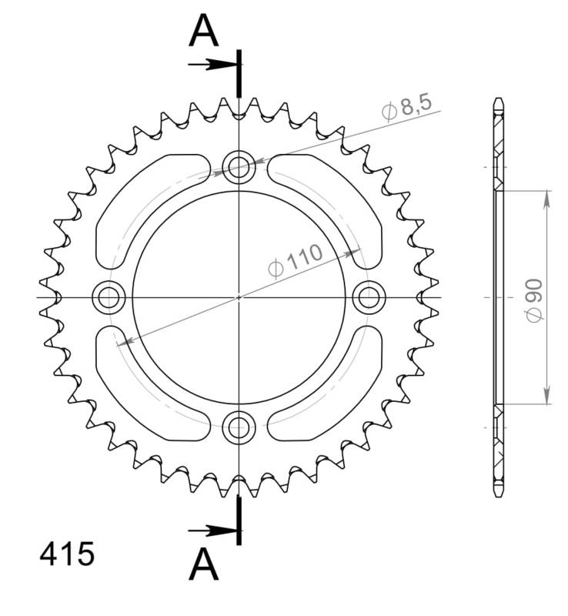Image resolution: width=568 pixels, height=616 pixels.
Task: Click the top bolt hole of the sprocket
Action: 239,165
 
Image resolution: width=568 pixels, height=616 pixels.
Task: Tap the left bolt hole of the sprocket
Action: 107,296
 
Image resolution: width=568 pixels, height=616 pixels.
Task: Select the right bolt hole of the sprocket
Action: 370,296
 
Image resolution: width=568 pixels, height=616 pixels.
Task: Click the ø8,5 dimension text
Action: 406,107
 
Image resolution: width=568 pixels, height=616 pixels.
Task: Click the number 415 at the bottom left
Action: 66,554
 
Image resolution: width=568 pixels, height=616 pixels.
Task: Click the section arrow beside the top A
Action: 211,65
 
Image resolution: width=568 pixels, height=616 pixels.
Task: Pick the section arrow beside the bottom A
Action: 211,530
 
